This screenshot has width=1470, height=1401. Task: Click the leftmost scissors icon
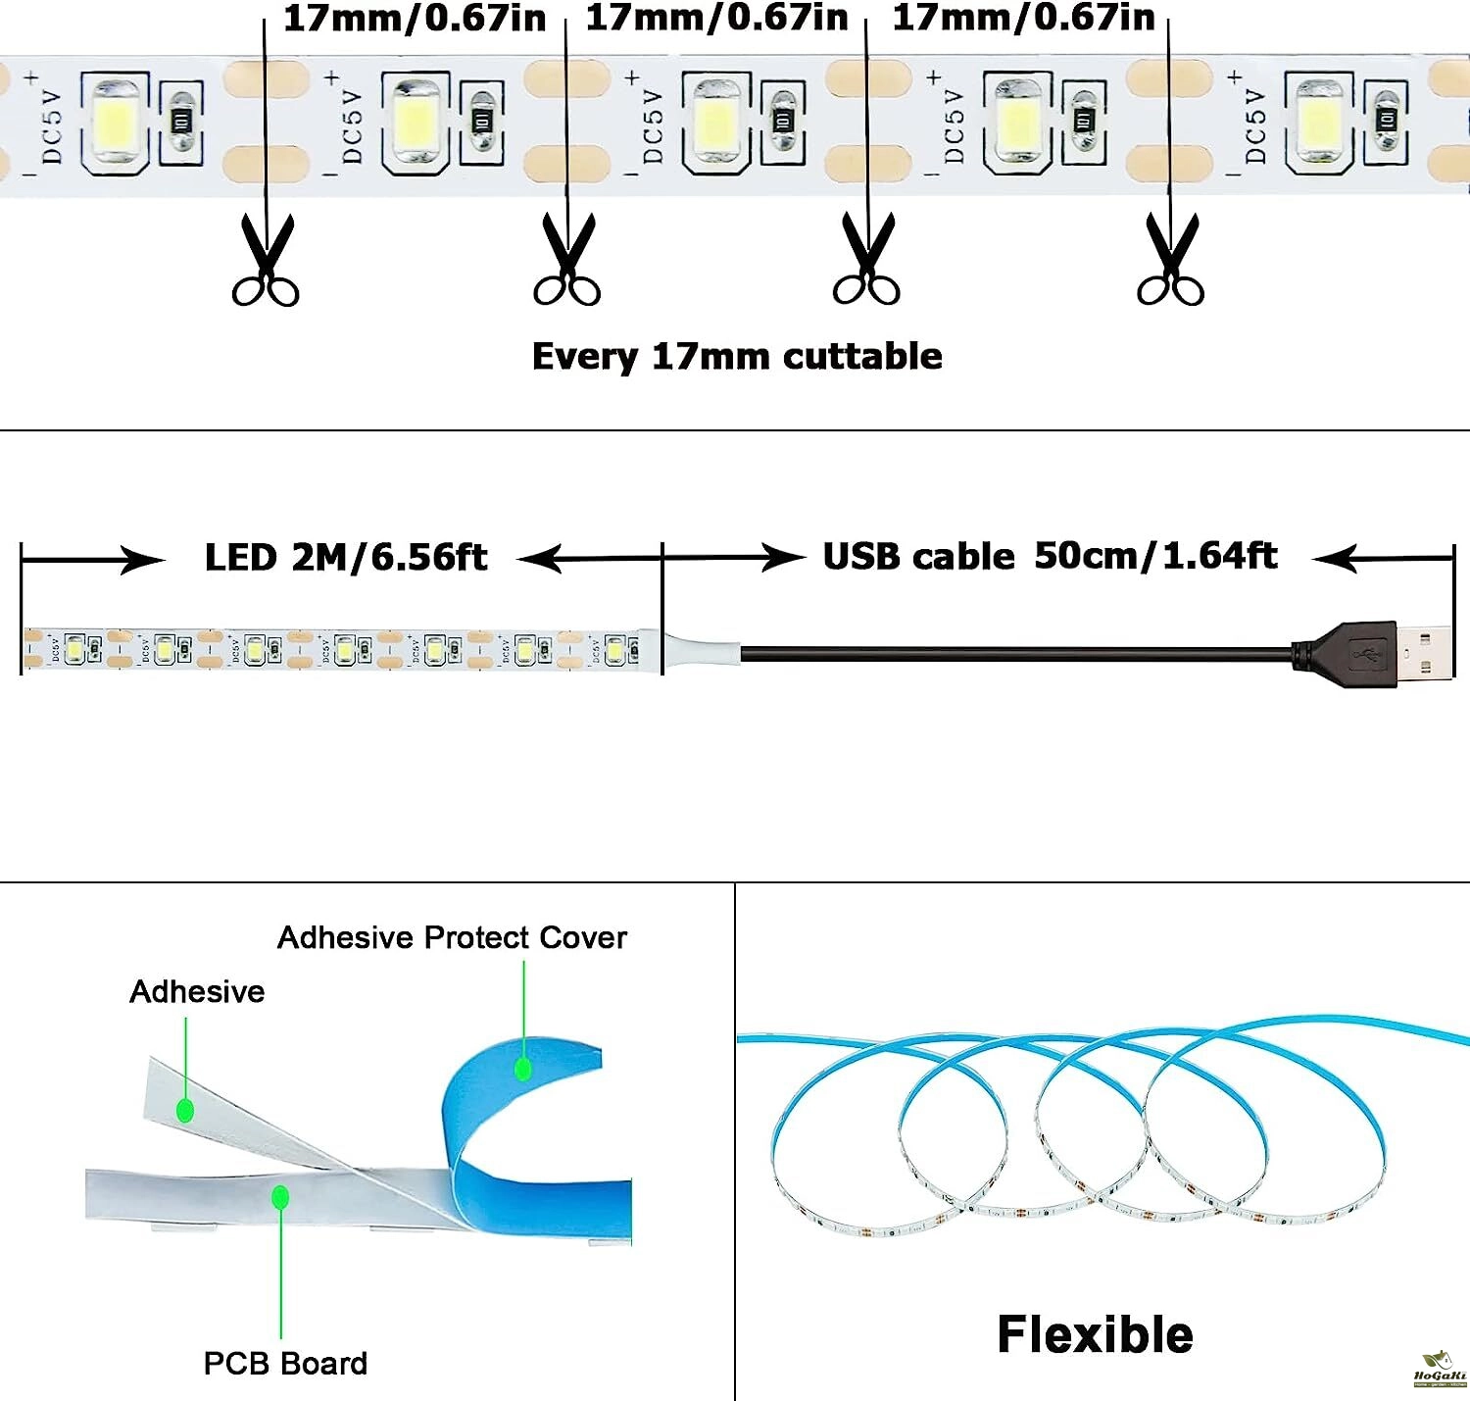click(266, 261)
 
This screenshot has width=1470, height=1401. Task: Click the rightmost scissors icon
click(1170, 261)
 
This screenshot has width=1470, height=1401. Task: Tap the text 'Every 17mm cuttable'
click(737, 356)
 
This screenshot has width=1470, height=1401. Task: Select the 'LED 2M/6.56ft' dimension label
click(345, 557)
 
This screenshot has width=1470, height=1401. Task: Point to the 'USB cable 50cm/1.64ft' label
click(1050, 556)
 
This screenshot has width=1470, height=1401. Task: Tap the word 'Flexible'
click(1095, 1334)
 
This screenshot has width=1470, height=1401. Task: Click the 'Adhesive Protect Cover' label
click(452, 937)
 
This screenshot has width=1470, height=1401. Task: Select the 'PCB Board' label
click(285, 1363)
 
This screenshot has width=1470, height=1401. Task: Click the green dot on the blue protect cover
click(523, 1068)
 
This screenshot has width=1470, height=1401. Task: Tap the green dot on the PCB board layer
click(280, 1197)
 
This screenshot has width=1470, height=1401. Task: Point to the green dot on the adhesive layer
click(185, 1111)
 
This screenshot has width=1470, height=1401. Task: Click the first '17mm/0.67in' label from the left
click(414, 19)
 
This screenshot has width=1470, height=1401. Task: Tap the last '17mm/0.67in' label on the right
click(1023, 17)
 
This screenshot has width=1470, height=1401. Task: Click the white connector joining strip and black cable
click(701, 650)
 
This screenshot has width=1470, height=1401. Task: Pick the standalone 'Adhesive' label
click(197, 991)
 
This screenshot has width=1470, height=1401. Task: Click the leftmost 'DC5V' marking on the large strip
click(52, 126)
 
